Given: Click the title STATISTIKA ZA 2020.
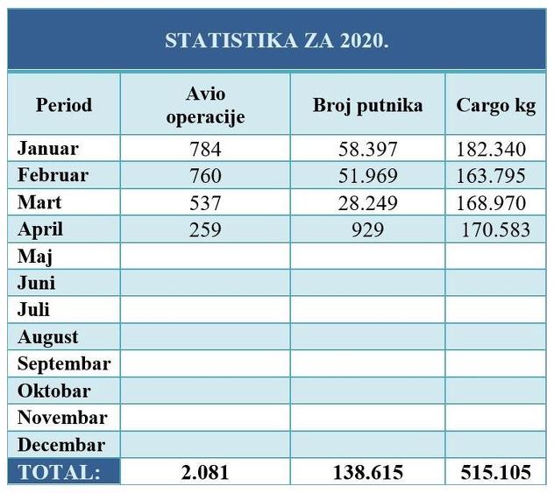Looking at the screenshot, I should (277, 41).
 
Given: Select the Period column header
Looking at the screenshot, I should (64, 105).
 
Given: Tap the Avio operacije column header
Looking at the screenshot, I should (205, 105).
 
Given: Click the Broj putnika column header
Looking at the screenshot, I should (367, 105).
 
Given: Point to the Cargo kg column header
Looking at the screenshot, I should (495, 105).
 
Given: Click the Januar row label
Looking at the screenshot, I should (47, 149).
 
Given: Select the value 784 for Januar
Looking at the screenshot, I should (205, 150).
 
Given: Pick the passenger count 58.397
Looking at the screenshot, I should (367, 150).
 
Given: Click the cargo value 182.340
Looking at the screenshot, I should (492, 150).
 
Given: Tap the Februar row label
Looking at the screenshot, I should (53, 175).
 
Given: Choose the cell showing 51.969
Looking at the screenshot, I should (367, 176).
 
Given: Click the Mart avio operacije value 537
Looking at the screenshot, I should (205, 203).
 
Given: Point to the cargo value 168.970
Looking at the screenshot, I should (492, 203).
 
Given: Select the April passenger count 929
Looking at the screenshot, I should (367, 230).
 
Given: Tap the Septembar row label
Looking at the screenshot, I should (64, 363).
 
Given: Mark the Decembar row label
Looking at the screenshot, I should (61, 444).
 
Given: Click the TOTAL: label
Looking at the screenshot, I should (59, 472).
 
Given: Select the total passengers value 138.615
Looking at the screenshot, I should (367, 472).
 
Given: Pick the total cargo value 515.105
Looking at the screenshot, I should (495, 472).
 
